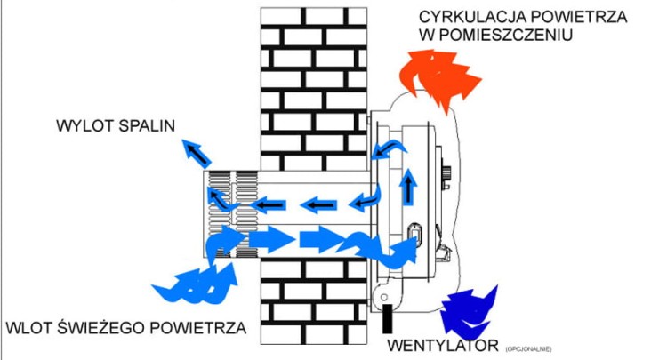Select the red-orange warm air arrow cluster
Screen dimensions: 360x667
tap(438, 73)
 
